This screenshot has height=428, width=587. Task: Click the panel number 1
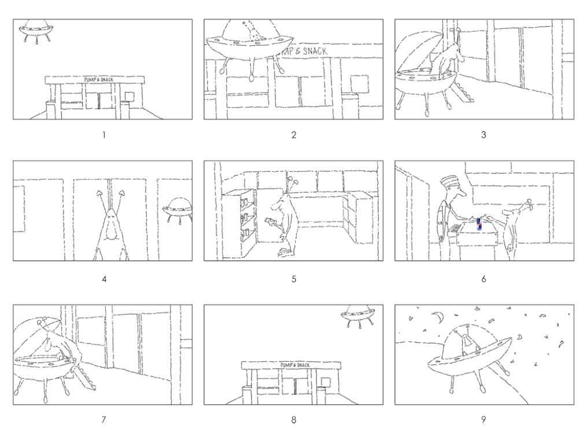(x=104, y=135)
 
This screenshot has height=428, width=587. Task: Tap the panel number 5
(x=294, y=279)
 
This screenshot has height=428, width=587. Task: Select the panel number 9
(x=483, y=419)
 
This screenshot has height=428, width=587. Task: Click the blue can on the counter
(x=478, y=224)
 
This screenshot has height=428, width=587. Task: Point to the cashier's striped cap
(x=447, y=182)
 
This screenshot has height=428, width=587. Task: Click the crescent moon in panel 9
(x=438, y=317)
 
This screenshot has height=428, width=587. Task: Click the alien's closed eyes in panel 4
(x=109, y=217)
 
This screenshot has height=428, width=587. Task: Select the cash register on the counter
(x=455, y=228)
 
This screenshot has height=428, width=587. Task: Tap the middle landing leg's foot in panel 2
(x=251, y=78)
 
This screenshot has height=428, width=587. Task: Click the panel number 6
(x=483, y=279)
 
